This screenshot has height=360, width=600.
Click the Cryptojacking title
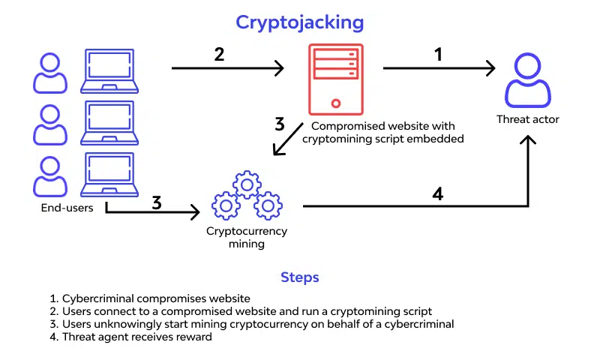coord(299,23)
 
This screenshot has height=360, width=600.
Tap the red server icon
coord(335,79)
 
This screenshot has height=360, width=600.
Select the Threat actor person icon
coord(528,80)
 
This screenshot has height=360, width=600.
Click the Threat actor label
coord(528,119)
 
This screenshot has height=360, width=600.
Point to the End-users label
coord(67,208)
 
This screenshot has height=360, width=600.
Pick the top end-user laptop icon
coord(109,71)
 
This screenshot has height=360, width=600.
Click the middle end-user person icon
coord(50,124)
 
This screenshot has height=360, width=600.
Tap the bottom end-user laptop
coord(109,175)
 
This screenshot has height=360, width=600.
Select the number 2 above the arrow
coord(219,54)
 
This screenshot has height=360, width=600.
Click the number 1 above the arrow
coord(439,54)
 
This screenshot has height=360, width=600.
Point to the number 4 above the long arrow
coord(438,194)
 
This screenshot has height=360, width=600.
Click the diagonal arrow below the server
coord(288,139)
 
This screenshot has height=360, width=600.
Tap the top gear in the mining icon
coord(247,184)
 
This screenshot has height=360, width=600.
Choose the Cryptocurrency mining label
coord(247,237)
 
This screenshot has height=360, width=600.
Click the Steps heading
coord(299,277)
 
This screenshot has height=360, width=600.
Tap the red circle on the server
coord(336,103)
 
